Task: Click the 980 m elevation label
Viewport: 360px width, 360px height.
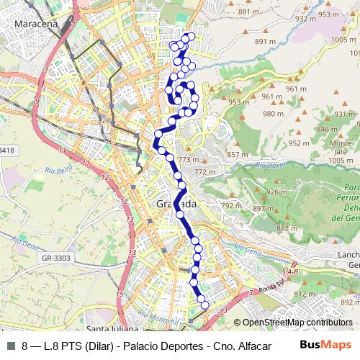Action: pyautogui.click(x=273, y=114)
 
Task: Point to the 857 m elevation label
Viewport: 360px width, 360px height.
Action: pyautogui.click(x=237, y=155)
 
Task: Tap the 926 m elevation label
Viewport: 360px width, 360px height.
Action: pyautogui.click(x=276, y=192)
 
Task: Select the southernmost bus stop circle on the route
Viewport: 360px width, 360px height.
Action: pyautogui.click(x=204, y=305)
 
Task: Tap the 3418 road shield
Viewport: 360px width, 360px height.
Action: pyautogui.click(x=7, y=150)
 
